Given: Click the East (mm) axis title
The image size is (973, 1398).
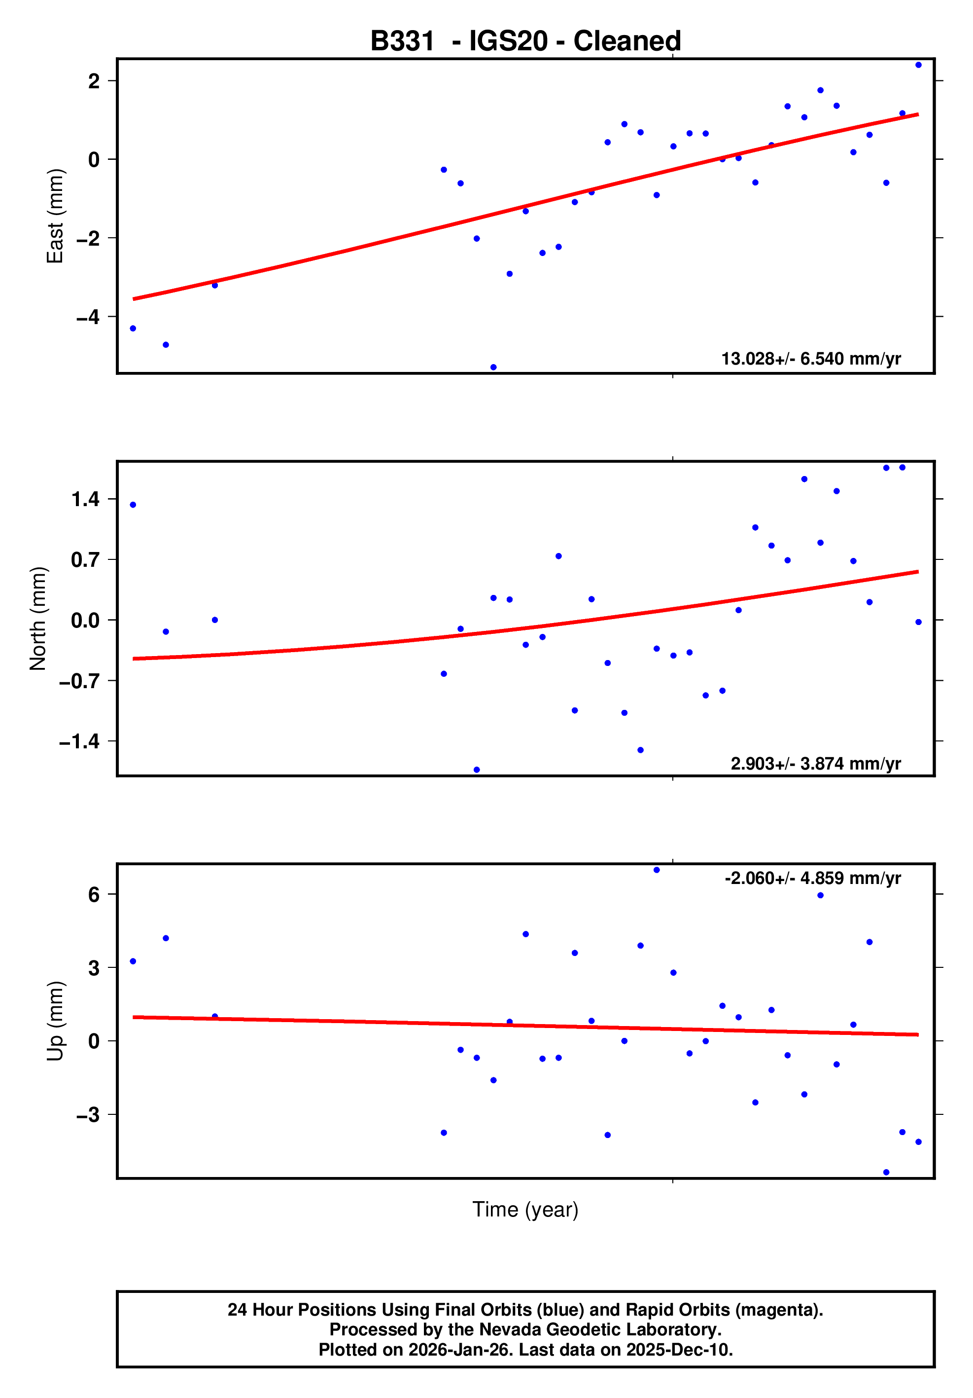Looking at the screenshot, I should tap(55, 216).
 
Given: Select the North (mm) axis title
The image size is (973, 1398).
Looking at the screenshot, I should tap(38, 618).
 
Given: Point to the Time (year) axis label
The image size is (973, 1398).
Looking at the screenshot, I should tap(525, 1209).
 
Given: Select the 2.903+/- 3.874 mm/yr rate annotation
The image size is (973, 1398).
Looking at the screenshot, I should tap(815, 763).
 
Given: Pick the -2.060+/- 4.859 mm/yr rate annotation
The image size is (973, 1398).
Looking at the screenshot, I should tap(812, 878).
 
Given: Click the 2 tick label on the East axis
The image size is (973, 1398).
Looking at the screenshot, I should tap(94, 80).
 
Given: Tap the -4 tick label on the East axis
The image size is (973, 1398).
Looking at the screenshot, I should tap(88, 317).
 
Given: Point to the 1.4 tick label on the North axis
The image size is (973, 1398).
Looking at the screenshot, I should tap(85, 499).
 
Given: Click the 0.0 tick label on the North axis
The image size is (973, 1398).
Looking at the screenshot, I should tap(85, 621).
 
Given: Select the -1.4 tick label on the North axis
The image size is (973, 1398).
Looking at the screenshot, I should tap(79, 741).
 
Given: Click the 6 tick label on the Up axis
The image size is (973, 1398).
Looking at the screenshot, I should tap(94, 894).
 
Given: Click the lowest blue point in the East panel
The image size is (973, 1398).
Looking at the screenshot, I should tap(493, 367).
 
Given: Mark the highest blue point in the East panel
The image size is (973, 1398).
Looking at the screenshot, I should tap(918, 65).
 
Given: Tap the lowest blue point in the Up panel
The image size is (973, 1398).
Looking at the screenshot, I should tap(886, 1172).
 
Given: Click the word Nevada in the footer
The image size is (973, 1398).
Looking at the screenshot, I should tap(484, 1329).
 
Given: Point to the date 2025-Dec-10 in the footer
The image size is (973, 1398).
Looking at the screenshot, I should tap(679, 1350).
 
